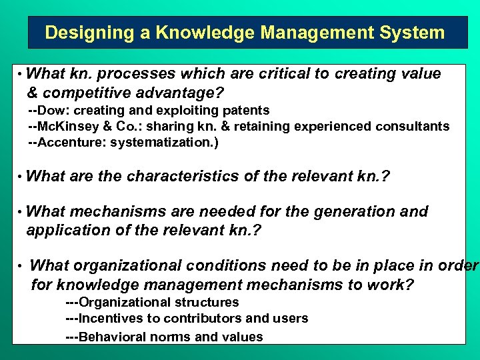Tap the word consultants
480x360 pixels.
(417, 126)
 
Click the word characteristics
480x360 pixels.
(183, 177)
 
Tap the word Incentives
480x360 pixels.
(111, 318)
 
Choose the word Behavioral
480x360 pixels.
(112, 337)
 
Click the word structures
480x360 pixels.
(210, 302)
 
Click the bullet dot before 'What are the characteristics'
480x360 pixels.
(21, 177)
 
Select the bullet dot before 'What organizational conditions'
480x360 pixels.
(21, 267)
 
